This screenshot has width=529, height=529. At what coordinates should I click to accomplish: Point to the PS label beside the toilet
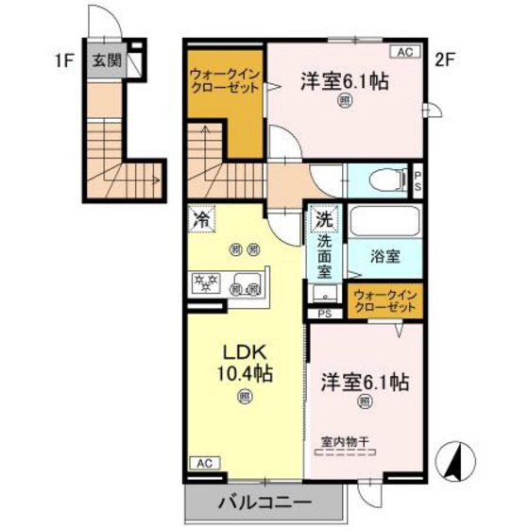coord(418,179)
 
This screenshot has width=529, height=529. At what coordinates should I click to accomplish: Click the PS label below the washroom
coord(325,314)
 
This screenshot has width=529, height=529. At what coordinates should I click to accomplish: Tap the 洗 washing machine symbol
coord(323,218)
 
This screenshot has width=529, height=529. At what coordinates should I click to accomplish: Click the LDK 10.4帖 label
coord(243,362)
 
